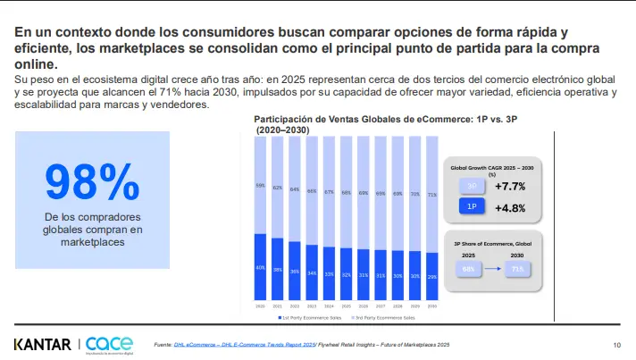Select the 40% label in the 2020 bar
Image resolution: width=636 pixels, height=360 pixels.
pos(260,267)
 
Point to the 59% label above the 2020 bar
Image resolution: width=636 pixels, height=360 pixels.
pos(260,186)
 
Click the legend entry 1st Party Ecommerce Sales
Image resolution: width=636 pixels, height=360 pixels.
pos(309,316)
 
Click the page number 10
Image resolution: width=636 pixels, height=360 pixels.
pos(616,345)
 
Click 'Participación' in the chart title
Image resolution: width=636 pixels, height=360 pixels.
pos(285,119)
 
